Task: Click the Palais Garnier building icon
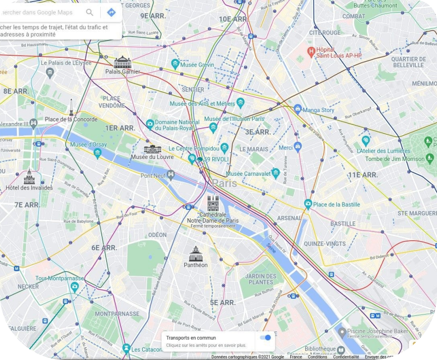(122, 62)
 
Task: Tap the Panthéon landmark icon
(196, 254)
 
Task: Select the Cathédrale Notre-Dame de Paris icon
(213, 203)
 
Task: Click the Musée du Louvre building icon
(153, 149)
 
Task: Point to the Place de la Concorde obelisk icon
(71, 107)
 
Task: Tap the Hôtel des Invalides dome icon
(29, 177)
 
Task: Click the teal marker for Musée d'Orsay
(97, 153)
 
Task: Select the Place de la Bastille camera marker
(308, 204)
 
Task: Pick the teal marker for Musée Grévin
(175, 64)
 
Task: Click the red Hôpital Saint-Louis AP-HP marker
(311, 51)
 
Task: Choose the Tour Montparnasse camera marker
(75, 286)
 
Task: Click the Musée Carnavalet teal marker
(276, 173)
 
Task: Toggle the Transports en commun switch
(265, 338)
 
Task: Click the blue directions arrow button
(111, 12)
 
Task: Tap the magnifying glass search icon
(89, 12)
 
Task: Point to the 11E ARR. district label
(362, 175)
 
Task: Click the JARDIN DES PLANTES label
(261, 279)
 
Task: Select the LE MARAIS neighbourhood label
(253, 149)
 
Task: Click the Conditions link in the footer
(317, 357)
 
